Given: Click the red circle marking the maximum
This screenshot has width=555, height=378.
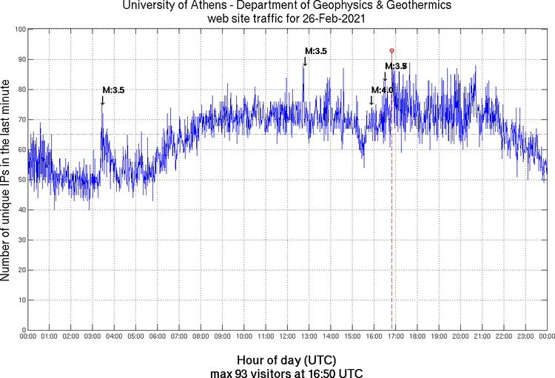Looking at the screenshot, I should coord(391,50).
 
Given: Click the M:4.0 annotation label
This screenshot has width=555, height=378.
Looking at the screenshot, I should coord(382,90).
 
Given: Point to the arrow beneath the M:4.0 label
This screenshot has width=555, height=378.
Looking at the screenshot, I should coord(371,100).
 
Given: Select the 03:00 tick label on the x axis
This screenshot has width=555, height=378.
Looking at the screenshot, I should coord(93,337).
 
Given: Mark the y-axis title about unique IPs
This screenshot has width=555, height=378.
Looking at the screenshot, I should coord(7,180).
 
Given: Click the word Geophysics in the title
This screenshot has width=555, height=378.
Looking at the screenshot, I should coord(309,7).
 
